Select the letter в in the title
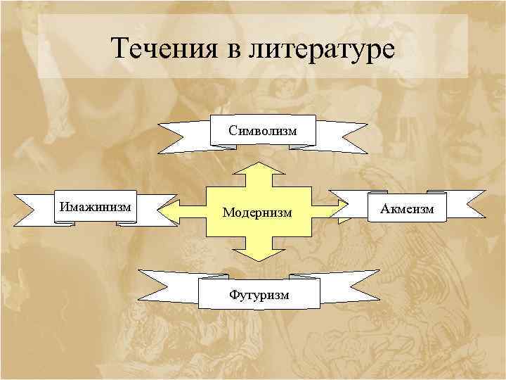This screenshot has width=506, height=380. (x=229, y=51)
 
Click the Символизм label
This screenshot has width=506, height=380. (x=262, y=130)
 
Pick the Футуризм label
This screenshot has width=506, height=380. (x=259, y=293)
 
